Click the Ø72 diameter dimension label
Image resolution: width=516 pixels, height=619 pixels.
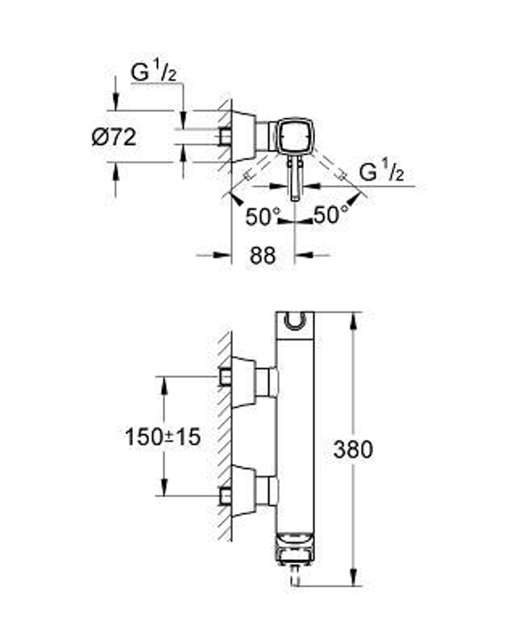[114, 138]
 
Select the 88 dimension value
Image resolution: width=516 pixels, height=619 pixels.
[263, 255]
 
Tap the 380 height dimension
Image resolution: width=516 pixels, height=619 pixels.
[352, 450]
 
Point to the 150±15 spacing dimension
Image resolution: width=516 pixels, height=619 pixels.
[163, 437]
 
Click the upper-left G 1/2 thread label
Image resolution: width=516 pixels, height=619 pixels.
[154, 73]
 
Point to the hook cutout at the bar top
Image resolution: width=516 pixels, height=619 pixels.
[295, 321]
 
